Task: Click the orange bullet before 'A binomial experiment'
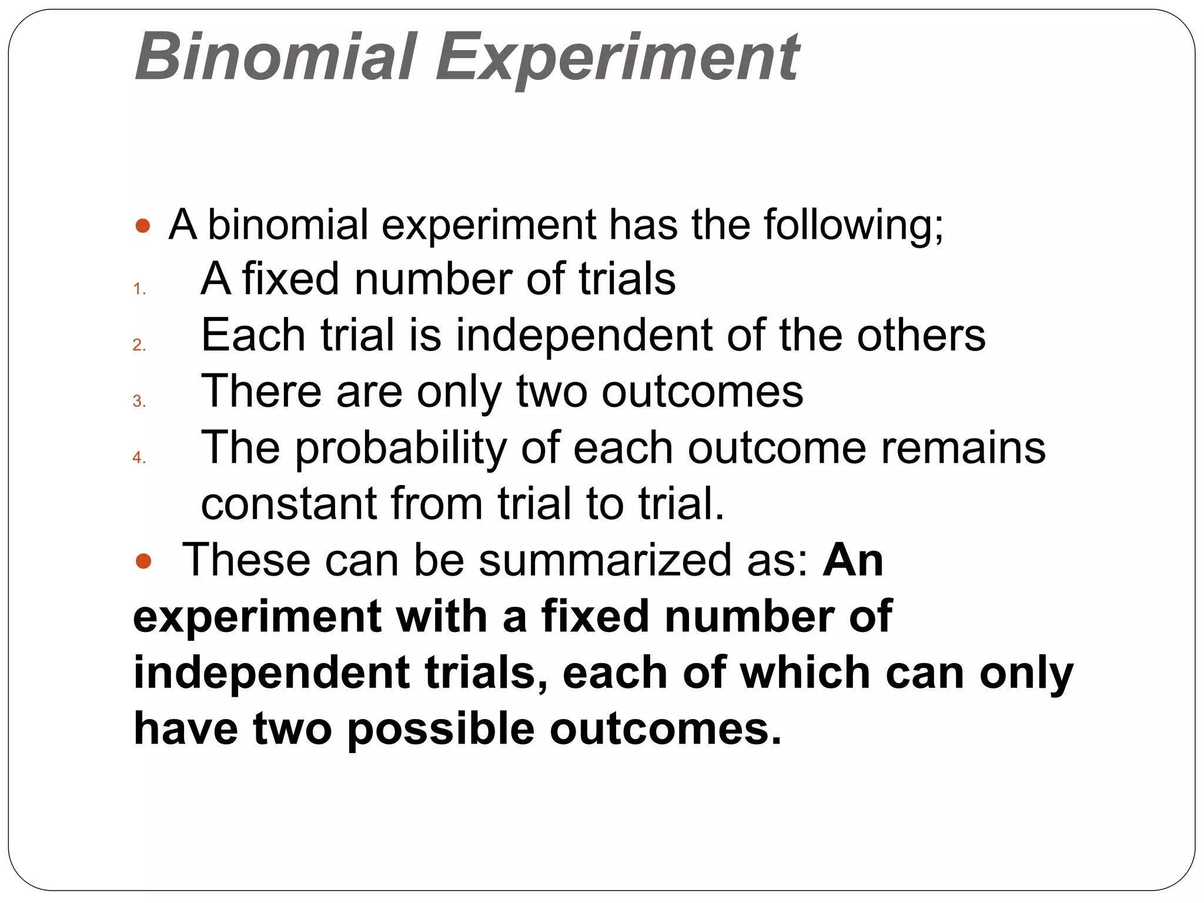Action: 143,226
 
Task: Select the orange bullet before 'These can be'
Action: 143,561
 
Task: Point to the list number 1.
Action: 139,289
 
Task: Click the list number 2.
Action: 139,345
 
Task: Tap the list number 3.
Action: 139,401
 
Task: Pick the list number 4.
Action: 139,457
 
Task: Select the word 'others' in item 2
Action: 921,335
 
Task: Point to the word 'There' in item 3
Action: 262,391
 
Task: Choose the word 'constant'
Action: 288,504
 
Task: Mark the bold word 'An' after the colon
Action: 852,560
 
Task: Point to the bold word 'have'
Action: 186,729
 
